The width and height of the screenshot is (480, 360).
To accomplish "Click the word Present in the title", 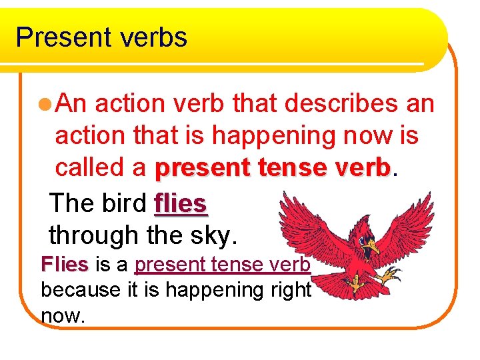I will pyautogui.click(x=61, y=37).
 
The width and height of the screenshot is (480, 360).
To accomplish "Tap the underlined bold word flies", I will pyautogui.click(x=181, y=202).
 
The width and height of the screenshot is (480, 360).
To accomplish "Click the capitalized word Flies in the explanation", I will pyautogui.click(x=64, y=265).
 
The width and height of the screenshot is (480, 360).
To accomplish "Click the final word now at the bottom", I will pyautogui.click(x=63, y=315).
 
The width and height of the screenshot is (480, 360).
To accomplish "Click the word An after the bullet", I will pyautogui.click(x=75, y=104).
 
